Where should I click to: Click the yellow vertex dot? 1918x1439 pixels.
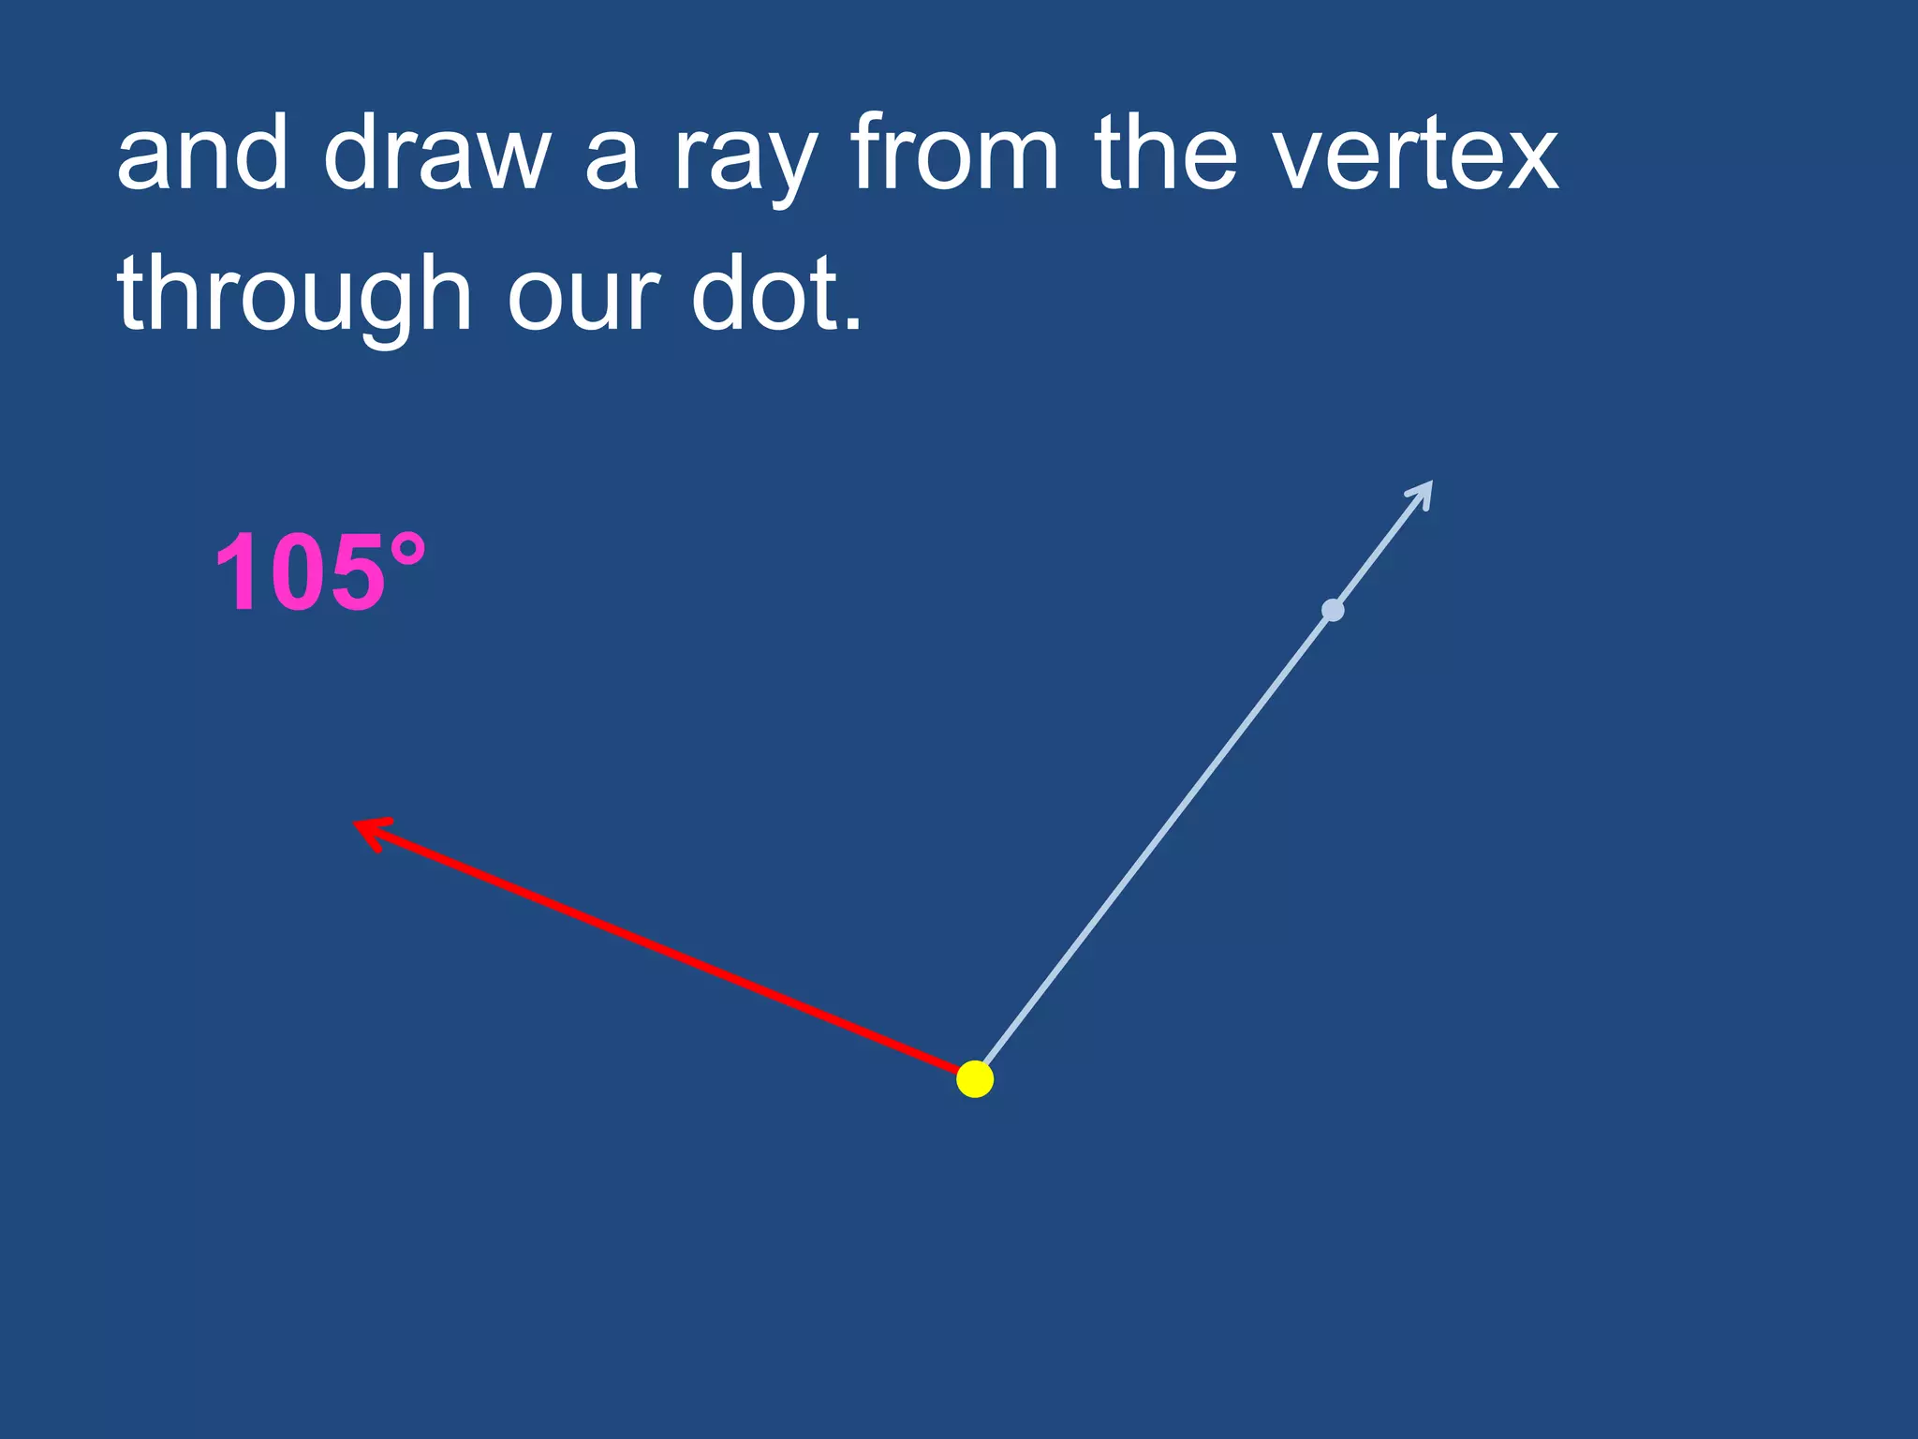pos(975,1079)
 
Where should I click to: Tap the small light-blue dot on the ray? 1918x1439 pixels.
pos(1333,611)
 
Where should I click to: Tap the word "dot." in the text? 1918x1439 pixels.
pos(775,295)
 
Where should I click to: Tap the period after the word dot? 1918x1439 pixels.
pos(852,324)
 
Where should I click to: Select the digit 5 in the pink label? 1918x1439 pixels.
pos(354,573)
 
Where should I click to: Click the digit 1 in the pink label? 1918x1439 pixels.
pos(234,573)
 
